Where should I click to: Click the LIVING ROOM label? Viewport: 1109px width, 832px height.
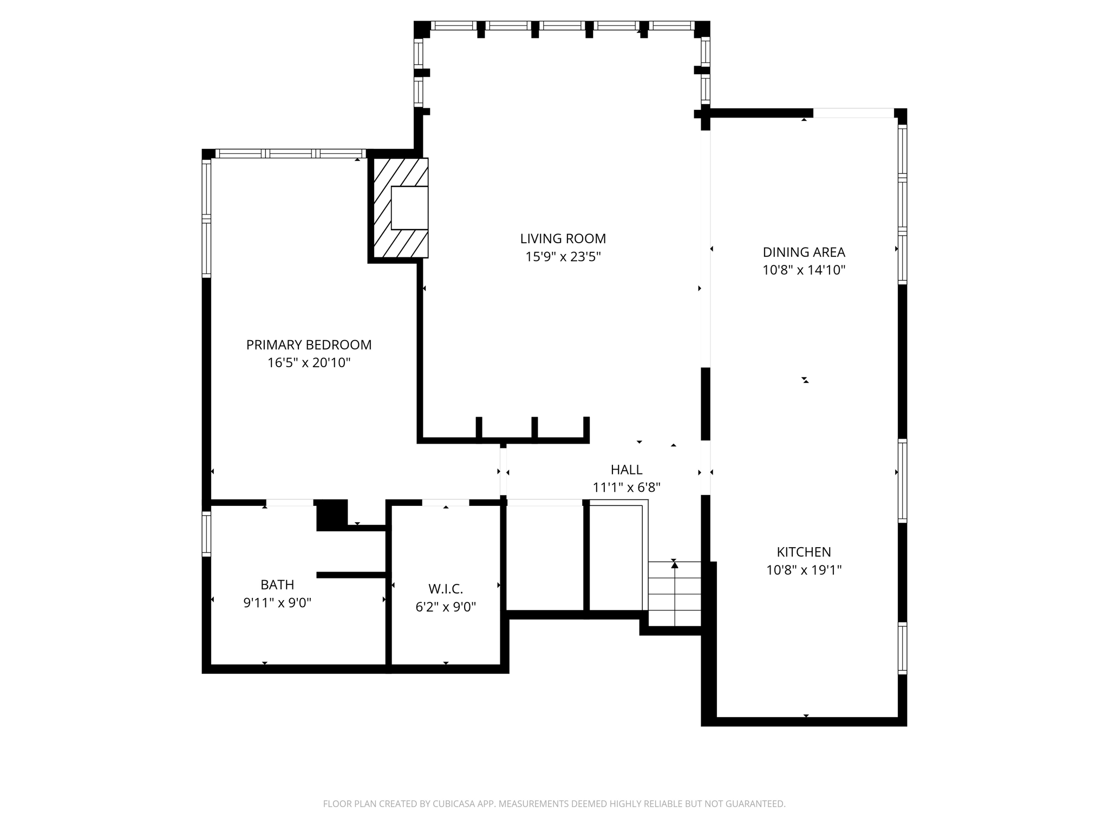point(563,238)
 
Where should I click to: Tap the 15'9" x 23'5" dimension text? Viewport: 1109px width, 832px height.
point(563,257)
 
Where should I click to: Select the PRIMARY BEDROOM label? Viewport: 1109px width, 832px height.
point(309,344)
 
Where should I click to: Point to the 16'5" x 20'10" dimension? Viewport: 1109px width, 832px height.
point(309,363)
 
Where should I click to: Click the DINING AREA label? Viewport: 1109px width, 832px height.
point(804,252)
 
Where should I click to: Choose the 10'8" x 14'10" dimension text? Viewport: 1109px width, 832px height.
point(804,270)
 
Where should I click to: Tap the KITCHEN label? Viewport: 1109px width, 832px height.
point(804,552)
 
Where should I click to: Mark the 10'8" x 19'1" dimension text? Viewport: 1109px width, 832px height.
point(804,570)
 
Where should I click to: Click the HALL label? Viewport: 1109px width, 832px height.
point(627,470)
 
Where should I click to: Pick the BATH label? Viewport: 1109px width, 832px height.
point(277,584)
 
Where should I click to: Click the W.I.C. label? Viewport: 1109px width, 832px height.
point(446,589)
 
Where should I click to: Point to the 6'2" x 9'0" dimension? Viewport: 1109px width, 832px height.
point(446,607)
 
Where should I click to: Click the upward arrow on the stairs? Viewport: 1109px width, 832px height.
point(675,565)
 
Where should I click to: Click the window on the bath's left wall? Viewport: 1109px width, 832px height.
point(206,534)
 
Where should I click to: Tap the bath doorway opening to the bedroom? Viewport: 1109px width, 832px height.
point(290,503)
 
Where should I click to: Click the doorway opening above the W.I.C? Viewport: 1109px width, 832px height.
point(445,503)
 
